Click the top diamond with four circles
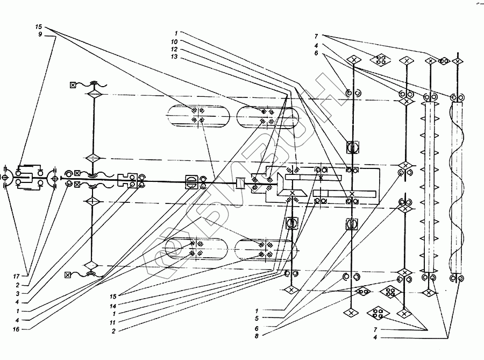pos(381,61)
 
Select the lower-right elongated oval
pos(266,249)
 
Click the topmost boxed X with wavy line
pos(73,84)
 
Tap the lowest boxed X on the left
pos(67,276)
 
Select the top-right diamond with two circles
pos(444,61)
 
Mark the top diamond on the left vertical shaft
pos(94,95)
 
